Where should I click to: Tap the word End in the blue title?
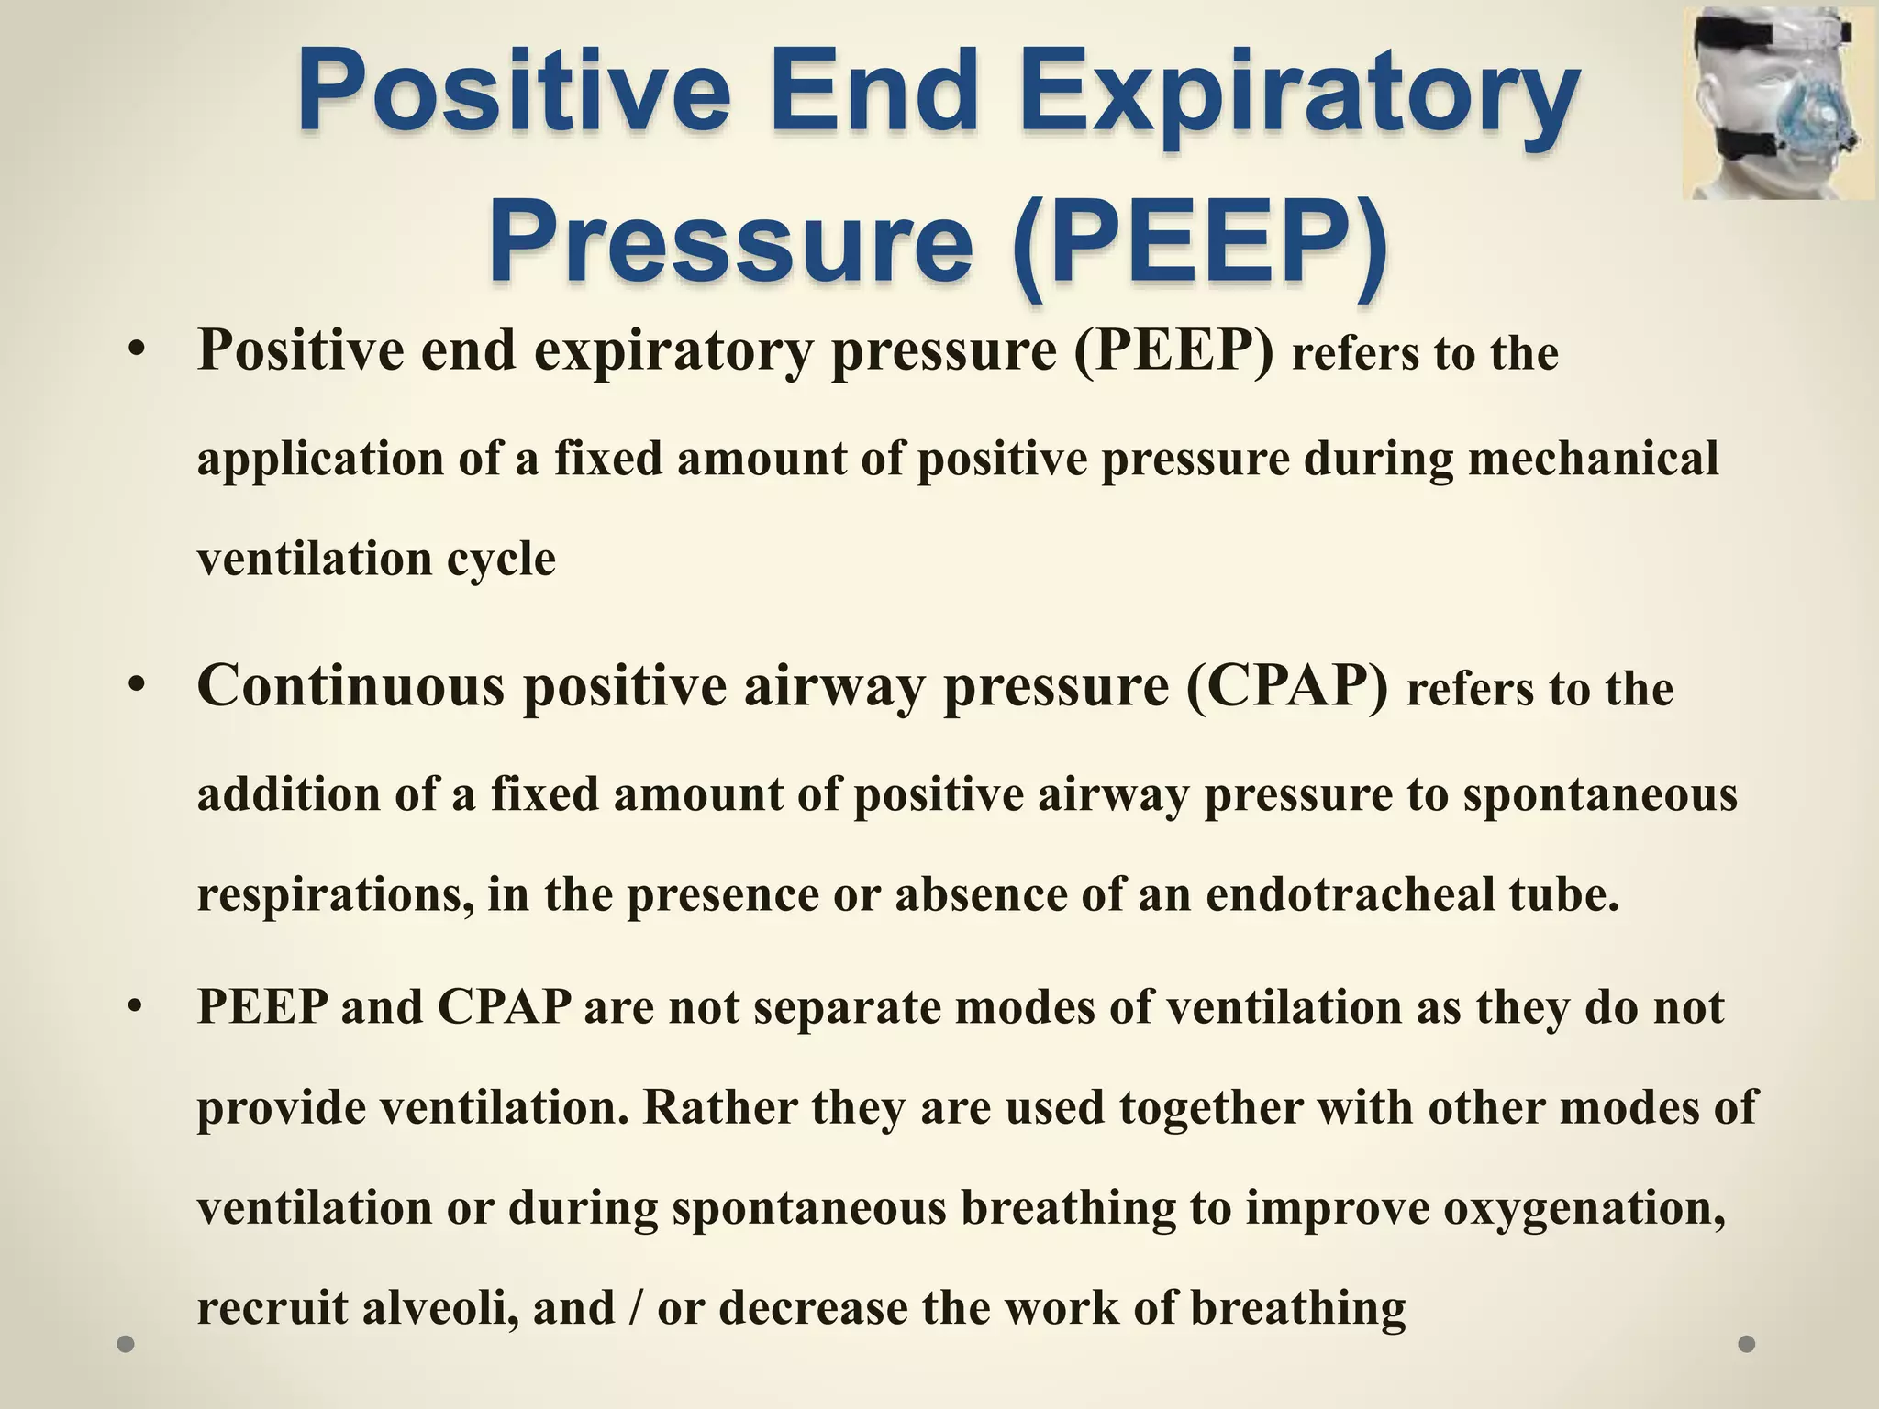point(874,95)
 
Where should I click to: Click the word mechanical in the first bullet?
point(1593,458)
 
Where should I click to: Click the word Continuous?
point(350,685)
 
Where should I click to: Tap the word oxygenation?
point(1584,1208)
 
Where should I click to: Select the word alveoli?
point(436,1307)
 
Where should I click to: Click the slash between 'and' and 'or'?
point(636,1308)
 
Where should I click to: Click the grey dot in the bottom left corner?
point(127,1344)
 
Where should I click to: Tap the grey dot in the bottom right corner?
point(1747,1344)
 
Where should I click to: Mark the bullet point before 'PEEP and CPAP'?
point(137,1007)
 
